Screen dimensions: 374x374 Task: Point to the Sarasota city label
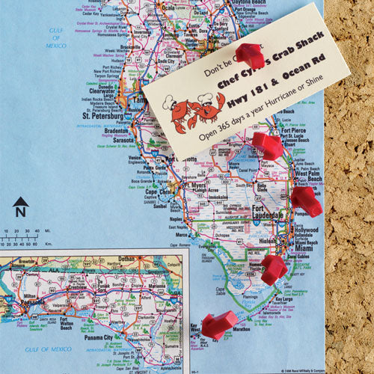pos(124,139)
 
